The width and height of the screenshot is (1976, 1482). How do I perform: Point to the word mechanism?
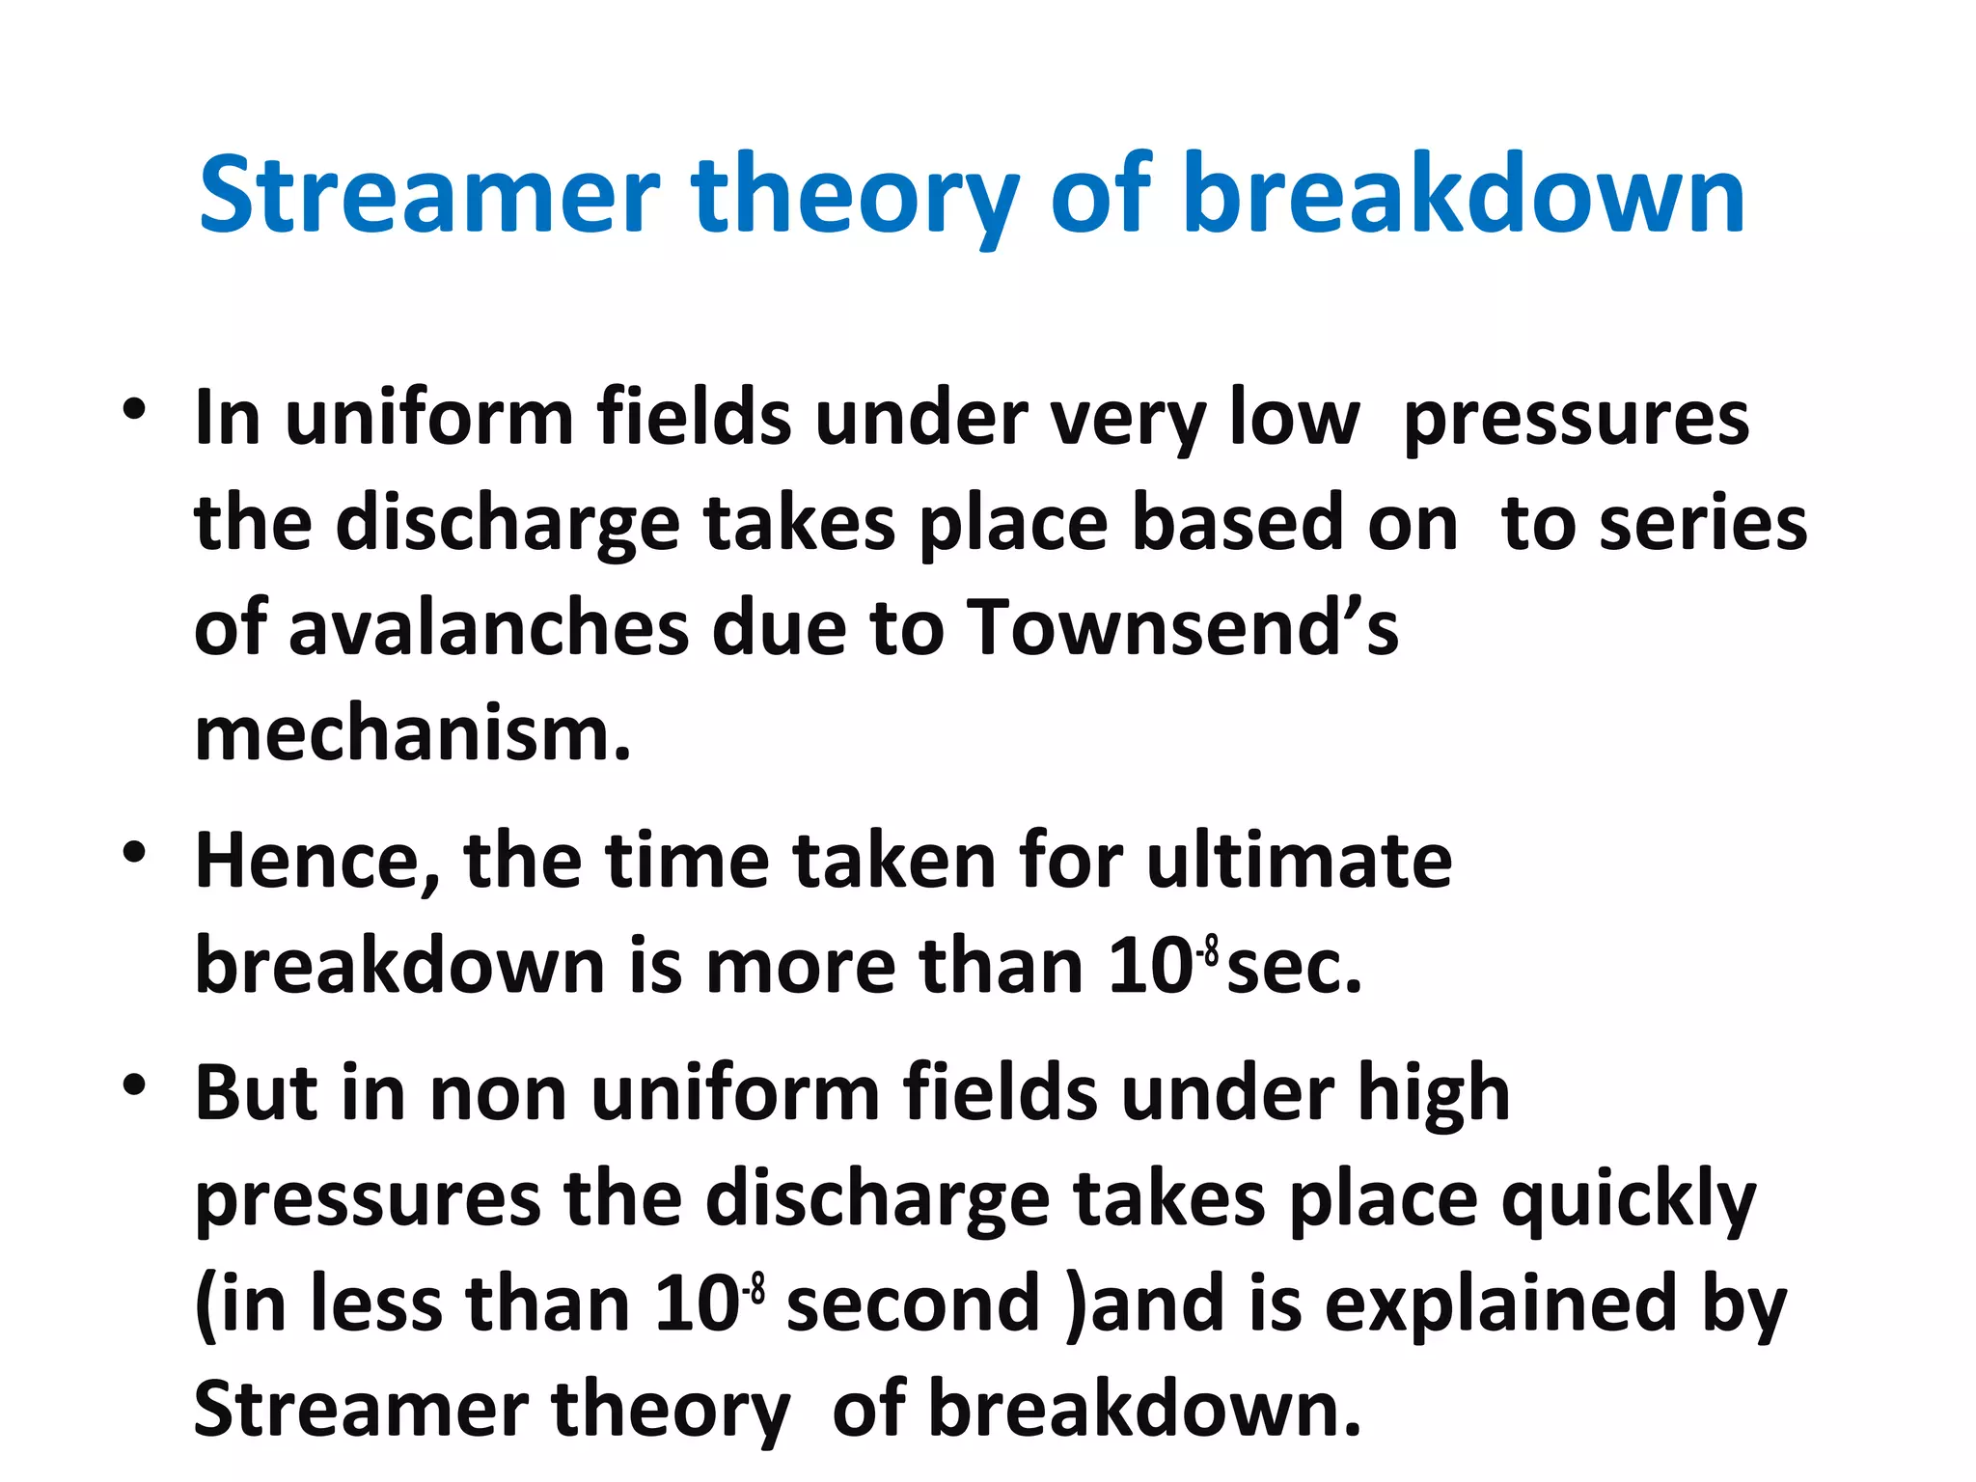[x=412, y=734]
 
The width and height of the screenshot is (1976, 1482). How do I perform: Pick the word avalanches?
[x=488, y=627]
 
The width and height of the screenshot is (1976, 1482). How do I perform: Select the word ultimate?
[x=1299, y=861]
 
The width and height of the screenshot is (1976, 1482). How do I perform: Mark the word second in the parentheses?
[x=913, y=1304]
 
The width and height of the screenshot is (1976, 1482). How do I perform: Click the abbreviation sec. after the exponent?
[x=1294, y=967]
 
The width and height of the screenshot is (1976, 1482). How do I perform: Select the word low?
[x=1295, y=419]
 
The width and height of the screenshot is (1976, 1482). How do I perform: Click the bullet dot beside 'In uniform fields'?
[x=134, y=409]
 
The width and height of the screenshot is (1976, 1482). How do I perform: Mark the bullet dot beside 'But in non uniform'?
[x=134, y=1084]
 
